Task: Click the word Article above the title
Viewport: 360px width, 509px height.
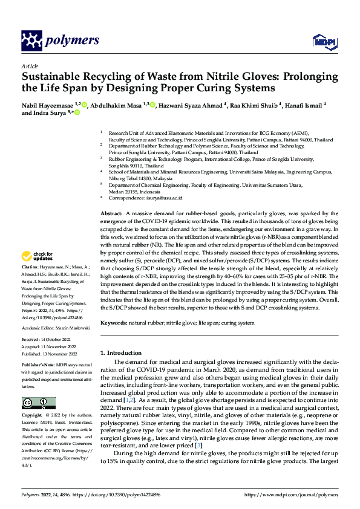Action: pyautogui.click(x=30, y=66)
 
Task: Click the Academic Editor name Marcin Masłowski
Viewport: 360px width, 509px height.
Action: pyautogui.click(x=76, y=327)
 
